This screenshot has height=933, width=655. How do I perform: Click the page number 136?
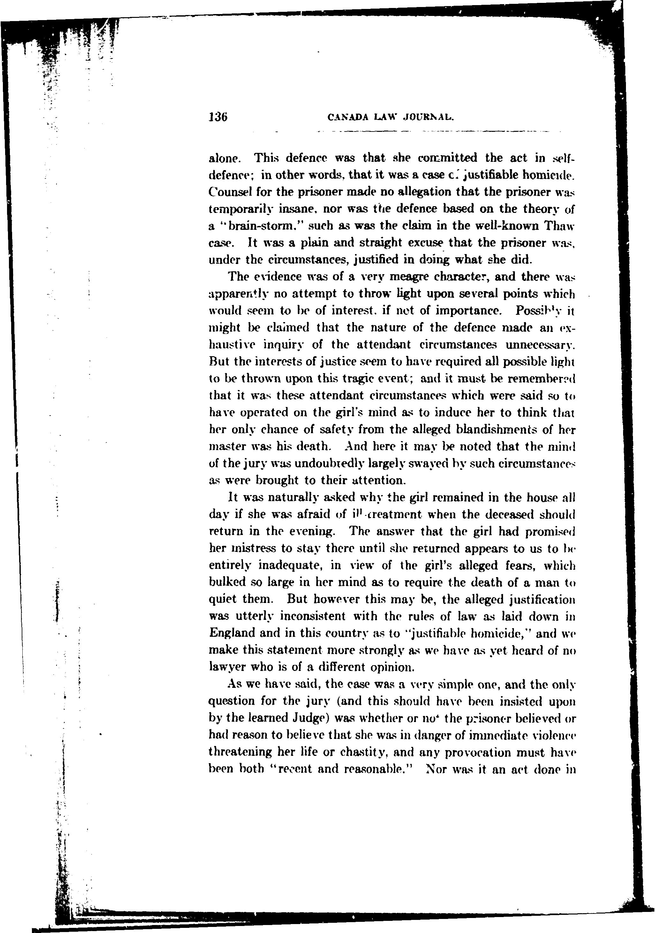[x=218, y=117]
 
